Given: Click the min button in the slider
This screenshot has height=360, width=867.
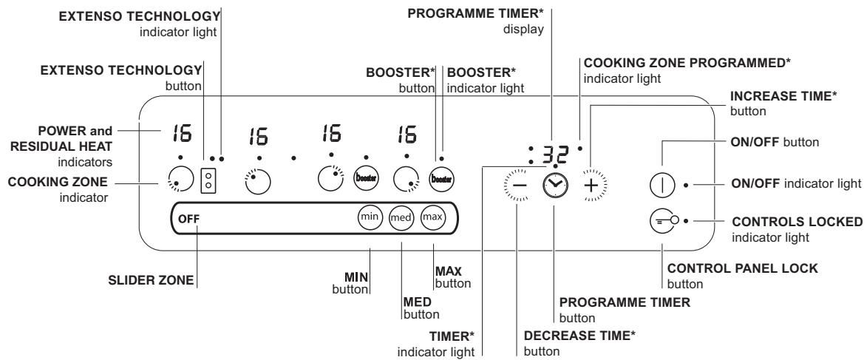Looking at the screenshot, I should click(370, 218).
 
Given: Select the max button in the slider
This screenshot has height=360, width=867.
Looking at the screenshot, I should click(434, 218).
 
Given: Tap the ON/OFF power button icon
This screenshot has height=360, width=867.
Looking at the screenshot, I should click(662, 184).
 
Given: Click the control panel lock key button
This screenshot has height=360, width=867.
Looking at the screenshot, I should click(662, 220).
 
